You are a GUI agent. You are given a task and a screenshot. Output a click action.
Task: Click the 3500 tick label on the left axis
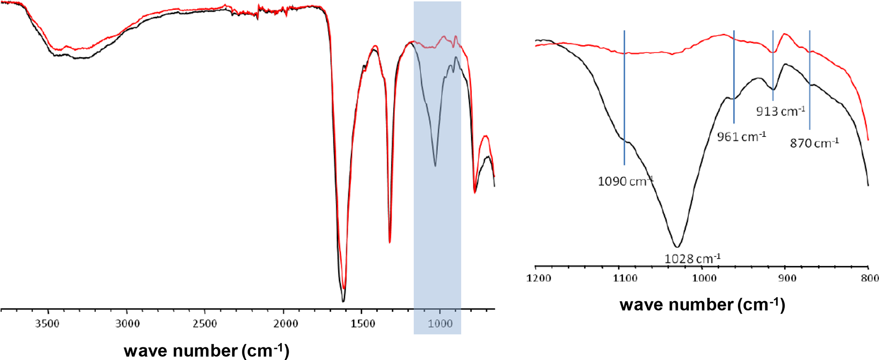[x=47, y=324]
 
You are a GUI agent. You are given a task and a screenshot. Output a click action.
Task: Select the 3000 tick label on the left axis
[x=127, y=324]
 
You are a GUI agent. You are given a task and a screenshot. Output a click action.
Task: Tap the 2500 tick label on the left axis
[x=205, y=324]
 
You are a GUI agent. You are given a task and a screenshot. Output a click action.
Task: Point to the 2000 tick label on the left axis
[x=285, y=324]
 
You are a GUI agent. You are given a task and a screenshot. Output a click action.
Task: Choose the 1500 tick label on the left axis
[x=363, y=324]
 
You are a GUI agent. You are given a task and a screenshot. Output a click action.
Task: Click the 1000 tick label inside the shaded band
[x=440, y=324]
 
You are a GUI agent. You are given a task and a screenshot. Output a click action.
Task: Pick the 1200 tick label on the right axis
[x=539, y=278]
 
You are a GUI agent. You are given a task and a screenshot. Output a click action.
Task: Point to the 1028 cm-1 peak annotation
[x=692, y=258]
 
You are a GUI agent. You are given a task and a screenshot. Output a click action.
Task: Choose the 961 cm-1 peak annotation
[x=741, y=137]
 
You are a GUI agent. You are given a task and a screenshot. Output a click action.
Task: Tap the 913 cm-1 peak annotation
[x=780, y=111]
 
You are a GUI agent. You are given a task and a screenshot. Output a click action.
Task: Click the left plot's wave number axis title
[x=207, y=351]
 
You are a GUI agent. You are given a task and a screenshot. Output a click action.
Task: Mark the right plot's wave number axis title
[x=702, y=305]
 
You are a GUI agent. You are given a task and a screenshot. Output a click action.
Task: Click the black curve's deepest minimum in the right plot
[x=677, y=247]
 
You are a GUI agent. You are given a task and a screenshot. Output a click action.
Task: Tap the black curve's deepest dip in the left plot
[x=343, y=301]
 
